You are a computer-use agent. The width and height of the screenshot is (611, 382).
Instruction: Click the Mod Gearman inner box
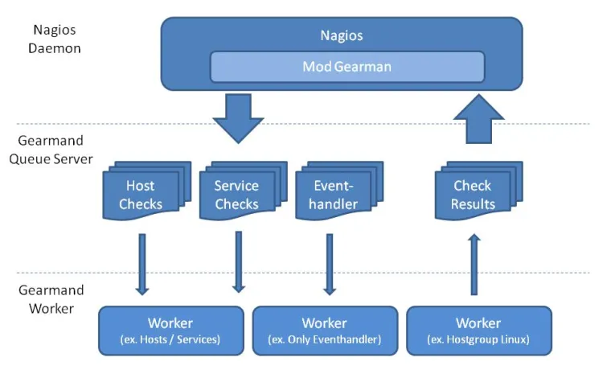coord(347,67)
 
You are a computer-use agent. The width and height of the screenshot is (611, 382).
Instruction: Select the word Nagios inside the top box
coord(342,35)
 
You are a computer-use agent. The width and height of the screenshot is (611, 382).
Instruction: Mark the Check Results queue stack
coord(474,193)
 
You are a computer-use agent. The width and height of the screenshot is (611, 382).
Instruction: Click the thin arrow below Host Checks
coord(142,264)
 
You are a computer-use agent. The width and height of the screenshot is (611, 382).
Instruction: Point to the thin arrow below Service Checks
coord(239,262)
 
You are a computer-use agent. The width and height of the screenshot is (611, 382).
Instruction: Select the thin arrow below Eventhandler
coord(330,264)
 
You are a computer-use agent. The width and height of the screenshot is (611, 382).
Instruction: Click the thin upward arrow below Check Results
coord(474,264)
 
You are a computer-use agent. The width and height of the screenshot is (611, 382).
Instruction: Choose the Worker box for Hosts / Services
coord(170,331)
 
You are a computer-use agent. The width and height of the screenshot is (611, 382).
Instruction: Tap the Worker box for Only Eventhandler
coord(325,331)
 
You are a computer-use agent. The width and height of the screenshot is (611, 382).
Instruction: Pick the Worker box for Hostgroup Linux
coord(479,331)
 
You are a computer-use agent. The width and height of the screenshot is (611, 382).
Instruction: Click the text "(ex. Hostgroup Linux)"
coord(479,340)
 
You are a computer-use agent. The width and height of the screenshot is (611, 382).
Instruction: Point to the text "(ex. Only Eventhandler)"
coord(325,340)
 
